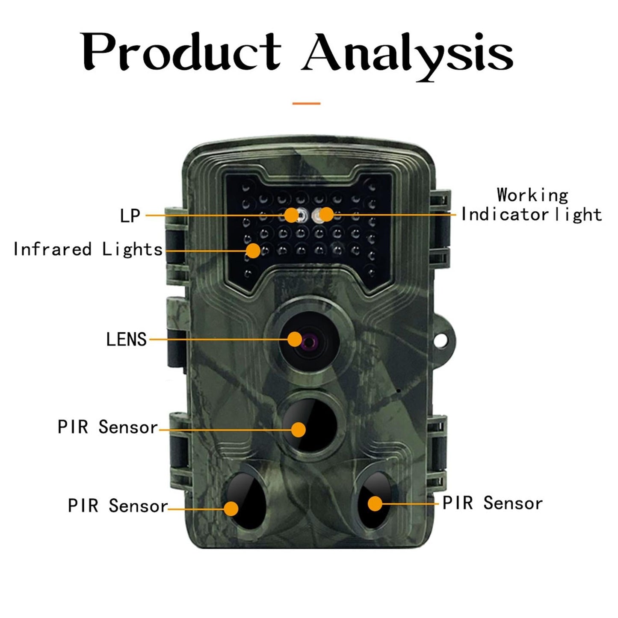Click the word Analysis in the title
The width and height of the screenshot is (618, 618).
point(407,55)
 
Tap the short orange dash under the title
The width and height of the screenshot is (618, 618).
point(306,103)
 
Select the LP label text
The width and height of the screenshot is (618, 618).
point(130,216)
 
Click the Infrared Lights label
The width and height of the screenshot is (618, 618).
point(88,249)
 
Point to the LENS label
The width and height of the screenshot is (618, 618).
point(126,340)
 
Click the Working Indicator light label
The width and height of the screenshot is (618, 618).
point(532,205)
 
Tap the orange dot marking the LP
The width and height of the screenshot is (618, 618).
point(291,215)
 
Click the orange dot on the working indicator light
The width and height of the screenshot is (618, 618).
point(326,214)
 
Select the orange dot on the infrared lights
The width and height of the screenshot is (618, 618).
point(253,251)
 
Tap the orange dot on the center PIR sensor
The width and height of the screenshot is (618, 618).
point(298,429)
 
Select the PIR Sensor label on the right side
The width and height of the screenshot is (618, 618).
point(492,503)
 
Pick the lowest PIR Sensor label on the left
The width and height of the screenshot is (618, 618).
point(118,506)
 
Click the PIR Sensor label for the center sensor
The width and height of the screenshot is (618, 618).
point(108,427)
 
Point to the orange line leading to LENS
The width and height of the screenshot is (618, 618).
point(218,340)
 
